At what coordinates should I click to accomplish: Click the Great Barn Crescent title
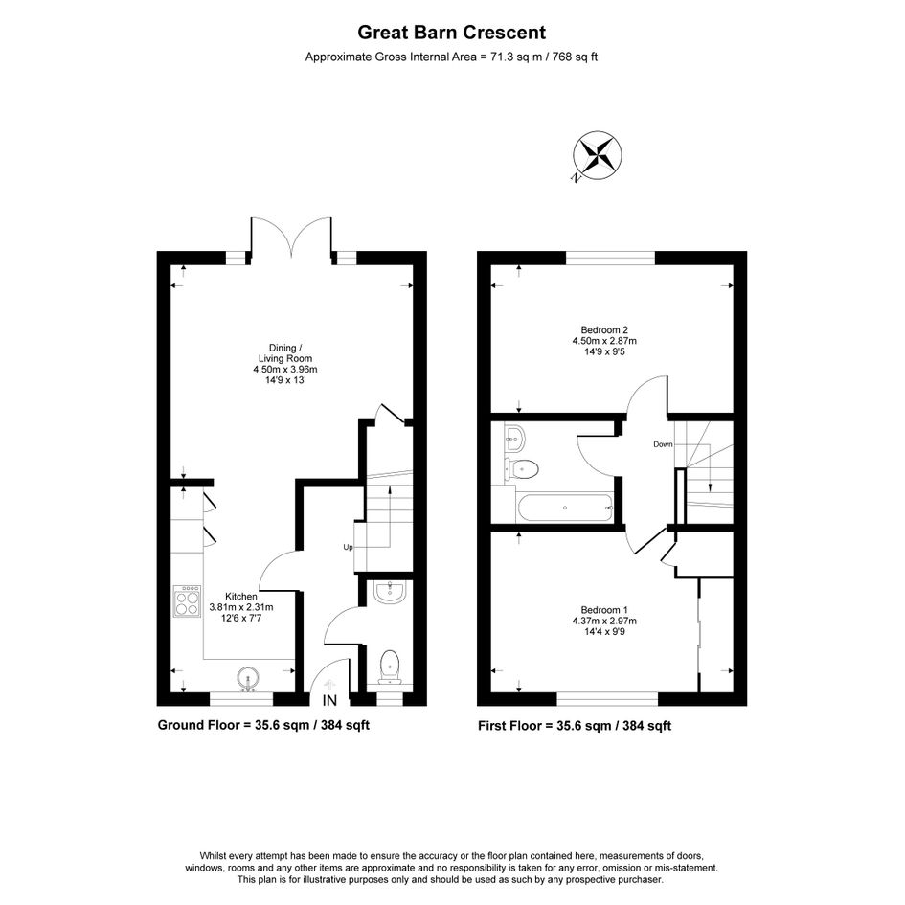pos(451,33)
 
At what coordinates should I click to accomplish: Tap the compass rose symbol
pos(597,156)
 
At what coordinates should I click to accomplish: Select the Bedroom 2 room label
pos(604,341)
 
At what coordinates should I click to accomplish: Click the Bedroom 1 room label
pos(604,621)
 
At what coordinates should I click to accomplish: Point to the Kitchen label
pos(241,606)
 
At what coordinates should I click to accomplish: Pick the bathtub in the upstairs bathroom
pos(565,508)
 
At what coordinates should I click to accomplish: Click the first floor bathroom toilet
pos(521,468)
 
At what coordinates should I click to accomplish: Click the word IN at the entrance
pos(329,701)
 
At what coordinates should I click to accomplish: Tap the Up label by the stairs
pos(348,547)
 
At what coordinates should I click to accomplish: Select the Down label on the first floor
pos(663,444)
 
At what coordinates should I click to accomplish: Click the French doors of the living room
pos(291,238)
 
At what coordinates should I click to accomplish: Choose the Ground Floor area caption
pos(263,725)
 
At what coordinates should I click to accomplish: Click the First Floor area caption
pos(575,726)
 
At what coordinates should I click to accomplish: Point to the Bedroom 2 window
pos(611,258)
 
